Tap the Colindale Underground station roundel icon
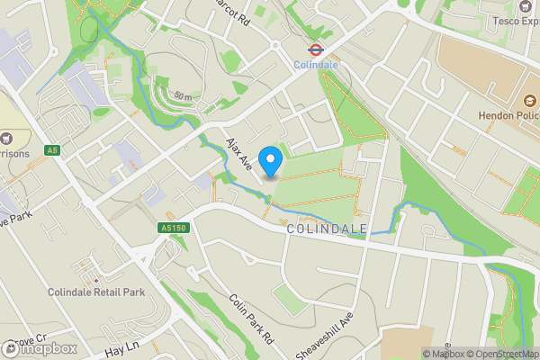316,50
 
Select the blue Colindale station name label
316,66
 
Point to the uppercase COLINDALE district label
327,229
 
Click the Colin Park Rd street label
250,318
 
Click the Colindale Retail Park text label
96,292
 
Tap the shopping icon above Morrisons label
7,139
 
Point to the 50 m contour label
183,95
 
